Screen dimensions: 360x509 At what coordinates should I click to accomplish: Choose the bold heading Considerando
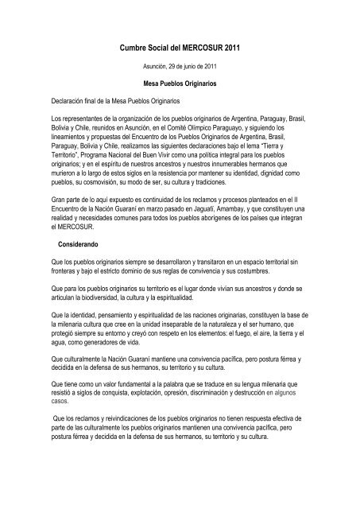tap(74, 243)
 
